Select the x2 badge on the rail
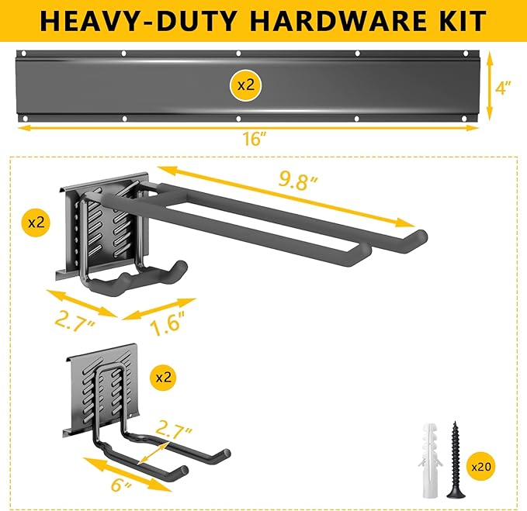tap(245, 85)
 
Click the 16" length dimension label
tap(254, 139)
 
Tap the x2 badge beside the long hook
tap(36, 222)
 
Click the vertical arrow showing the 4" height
tap(490, 86)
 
